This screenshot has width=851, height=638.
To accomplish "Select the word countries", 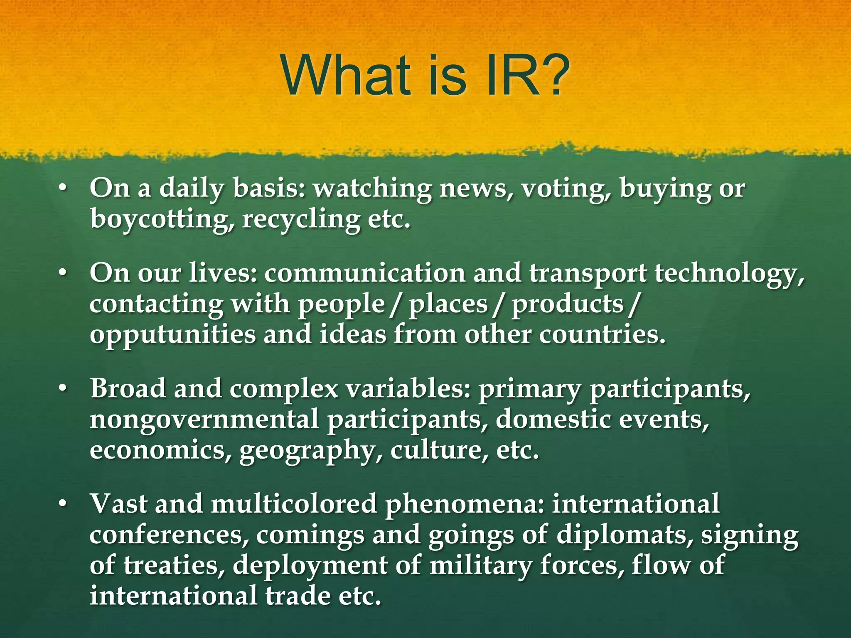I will (x=602, y=335).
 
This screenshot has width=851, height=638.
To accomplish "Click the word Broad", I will (x=128, y=389).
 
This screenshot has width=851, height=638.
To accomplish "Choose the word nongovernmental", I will (x=204, y=420).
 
